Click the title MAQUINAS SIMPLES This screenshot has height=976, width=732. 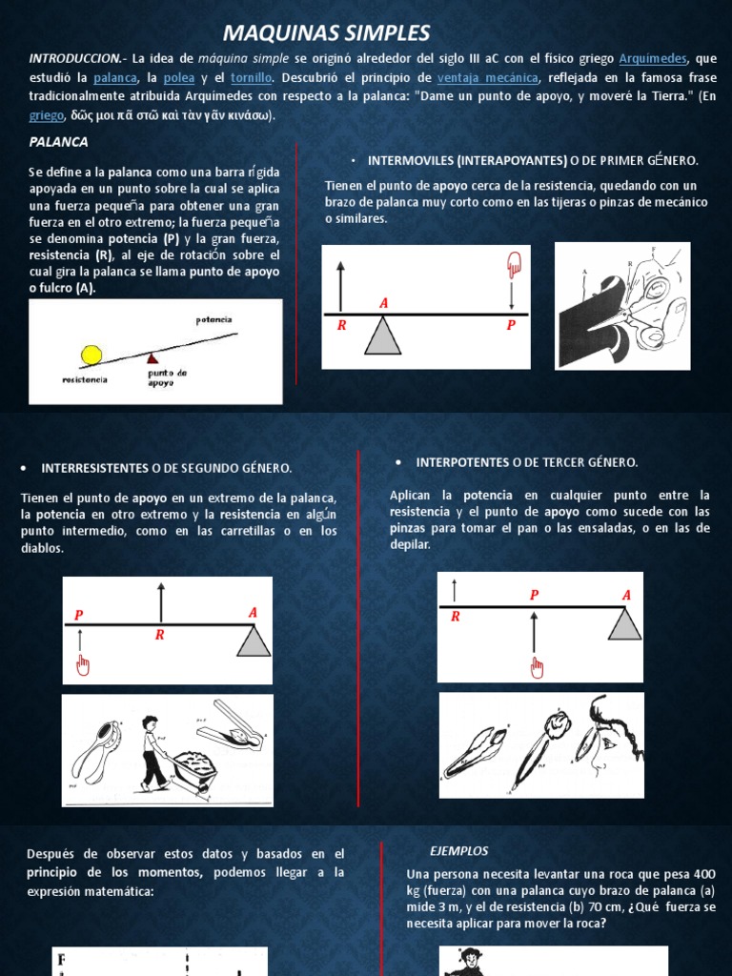click(x=326, y=33)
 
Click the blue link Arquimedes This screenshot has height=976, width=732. click(x=653, y=59)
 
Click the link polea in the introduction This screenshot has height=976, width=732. click(x=178, y=77)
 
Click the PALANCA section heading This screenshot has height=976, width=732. click(x=59, y=142)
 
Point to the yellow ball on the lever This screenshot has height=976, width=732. click(x=91, y=355)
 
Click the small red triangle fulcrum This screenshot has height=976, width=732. click(x=152, y=357)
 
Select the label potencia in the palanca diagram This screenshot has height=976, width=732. click(x=213, y=320)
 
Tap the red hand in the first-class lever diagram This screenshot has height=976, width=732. click(x=513, y=264)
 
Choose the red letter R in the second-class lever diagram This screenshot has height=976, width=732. click(x=160, y=635)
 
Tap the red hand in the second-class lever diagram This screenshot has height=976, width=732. click(x=83, y=663)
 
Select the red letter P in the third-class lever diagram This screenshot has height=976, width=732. click(x=534, y=595)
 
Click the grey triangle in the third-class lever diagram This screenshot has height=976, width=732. click(x=624, y=624)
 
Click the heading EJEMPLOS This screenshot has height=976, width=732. click(x=458, y=850)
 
